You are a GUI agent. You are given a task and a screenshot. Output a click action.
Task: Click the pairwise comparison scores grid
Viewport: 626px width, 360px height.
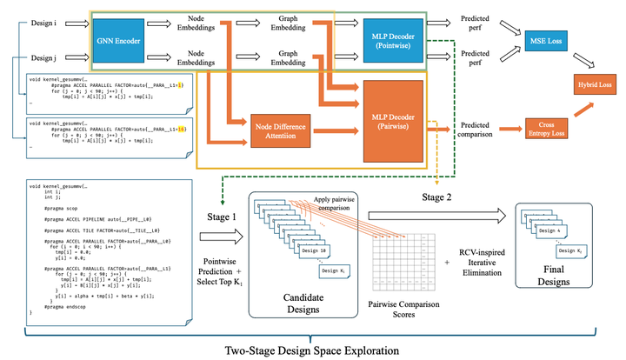(402, 258)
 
